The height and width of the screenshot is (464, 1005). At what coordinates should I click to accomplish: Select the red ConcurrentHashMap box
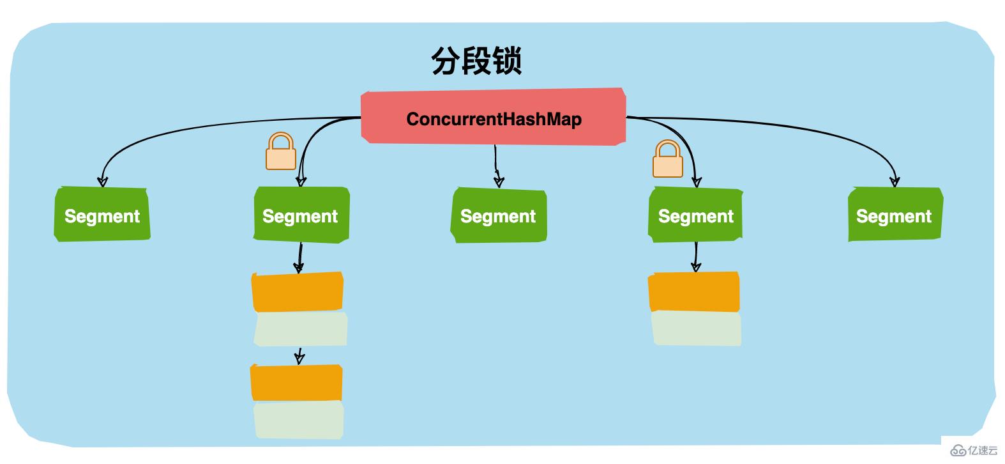[x=493, y=118]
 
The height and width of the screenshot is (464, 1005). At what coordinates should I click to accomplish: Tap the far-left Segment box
[x=102, y=215]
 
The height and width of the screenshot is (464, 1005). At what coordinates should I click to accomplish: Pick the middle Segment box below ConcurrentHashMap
[x=499, y=216]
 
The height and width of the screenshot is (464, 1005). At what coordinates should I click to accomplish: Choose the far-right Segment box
[x=895, y=215]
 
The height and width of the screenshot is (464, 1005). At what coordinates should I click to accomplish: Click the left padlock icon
[x=281, y=151]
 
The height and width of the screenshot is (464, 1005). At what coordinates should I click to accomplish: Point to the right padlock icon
[x=668, y=159]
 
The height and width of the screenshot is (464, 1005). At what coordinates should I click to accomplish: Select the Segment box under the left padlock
[x=301, y=215]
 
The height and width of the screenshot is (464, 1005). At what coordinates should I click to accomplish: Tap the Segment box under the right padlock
[x=695, y=215]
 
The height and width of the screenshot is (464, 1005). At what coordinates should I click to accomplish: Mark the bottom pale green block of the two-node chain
[x=299, y=420]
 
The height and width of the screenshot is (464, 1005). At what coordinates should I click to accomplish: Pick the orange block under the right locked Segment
[x=694, y=292]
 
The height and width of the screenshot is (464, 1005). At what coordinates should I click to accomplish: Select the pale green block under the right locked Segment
[x=696, y=329]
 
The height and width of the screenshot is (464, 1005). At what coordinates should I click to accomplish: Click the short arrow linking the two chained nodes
[x=299, y=356]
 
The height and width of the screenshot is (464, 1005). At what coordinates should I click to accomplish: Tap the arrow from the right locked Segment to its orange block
[x=696, y=257]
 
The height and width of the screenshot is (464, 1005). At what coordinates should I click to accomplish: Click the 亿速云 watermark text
[x=983, y=451]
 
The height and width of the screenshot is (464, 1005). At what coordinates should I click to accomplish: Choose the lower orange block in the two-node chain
[x=296, y=383]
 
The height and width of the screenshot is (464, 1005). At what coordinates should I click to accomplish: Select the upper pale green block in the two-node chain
[x=300, y=329]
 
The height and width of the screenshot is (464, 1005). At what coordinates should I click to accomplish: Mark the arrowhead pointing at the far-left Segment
[x=102, y=181]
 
